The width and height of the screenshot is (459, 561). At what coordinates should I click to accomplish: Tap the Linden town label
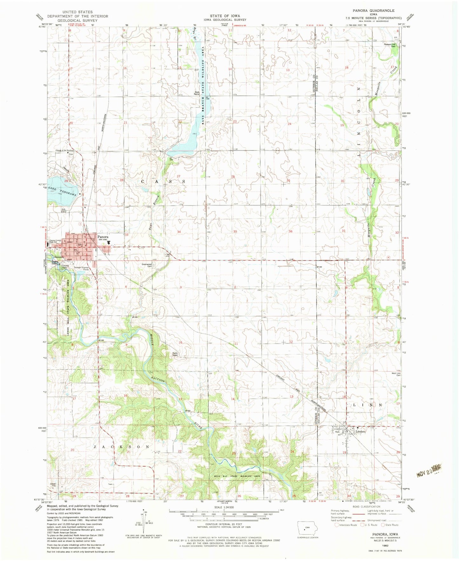click(360, 432)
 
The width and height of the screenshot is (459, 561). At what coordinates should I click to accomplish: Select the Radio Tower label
click(175, 354)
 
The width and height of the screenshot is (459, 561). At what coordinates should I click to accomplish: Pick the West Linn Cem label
click(396, 375)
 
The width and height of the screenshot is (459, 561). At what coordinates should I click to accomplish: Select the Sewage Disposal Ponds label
click(82, 268)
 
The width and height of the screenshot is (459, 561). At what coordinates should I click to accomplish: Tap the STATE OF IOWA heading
click(225, 16)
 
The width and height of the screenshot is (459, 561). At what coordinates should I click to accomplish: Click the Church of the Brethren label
click(65, 151)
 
